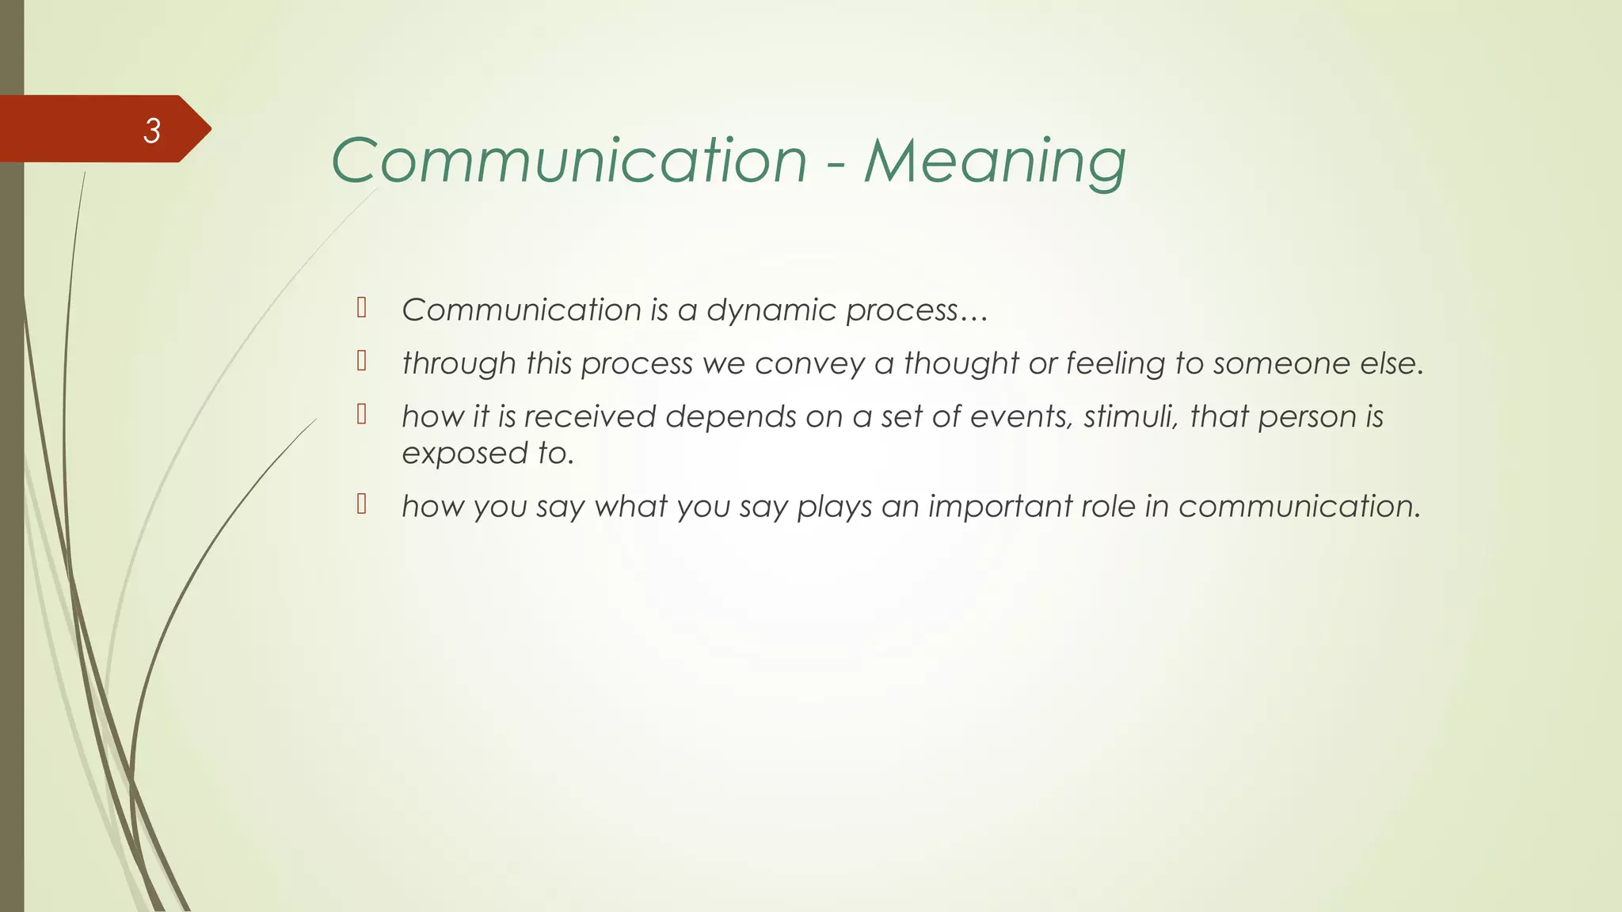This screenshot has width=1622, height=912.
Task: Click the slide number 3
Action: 152,131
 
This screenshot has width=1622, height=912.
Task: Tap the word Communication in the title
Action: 569,161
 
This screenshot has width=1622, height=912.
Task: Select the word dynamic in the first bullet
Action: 771,310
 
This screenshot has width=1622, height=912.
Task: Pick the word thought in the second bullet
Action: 961,363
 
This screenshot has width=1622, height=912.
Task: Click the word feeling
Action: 1115,363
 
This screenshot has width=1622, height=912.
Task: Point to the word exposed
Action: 465,454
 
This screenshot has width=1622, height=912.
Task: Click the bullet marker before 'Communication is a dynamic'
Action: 362,307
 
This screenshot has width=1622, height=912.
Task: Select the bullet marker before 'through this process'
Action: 362,361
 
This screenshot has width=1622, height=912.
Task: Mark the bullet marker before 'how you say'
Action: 362,503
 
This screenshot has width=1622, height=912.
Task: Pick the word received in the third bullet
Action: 589,416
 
